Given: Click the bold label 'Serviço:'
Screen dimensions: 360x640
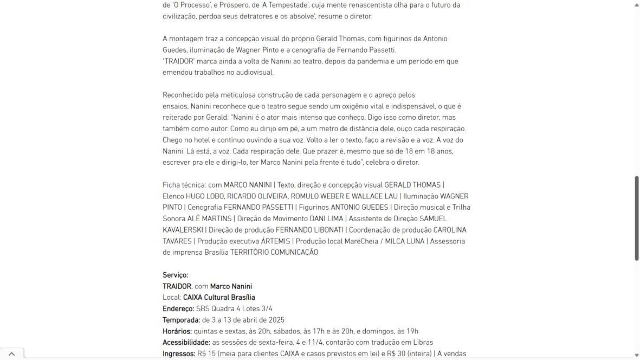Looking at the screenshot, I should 175,275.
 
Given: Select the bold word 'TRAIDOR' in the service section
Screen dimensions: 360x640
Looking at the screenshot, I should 177,286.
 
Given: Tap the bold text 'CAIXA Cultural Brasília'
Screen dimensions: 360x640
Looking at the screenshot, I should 219,298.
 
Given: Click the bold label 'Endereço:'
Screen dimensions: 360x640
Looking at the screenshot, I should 178,309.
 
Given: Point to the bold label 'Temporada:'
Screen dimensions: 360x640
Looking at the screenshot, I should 181,320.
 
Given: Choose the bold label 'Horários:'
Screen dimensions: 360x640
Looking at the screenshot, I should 177,331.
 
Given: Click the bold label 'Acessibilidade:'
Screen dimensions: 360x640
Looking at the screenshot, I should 186,343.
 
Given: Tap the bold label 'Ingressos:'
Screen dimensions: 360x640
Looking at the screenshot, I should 179,354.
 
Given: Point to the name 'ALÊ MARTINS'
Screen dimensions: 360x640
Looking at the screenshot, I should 209,218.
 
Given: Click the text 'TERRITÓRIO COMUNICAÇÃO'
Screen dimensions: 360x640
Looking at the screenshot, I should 274,252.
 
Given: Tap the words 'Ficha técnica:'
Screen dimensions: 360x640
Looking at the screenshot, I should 184,185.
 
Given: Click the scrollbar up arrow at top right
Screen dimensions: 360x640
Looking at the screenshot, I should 636,4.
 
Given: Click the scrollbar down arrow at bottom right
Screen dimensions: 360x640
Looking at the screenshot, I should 636,355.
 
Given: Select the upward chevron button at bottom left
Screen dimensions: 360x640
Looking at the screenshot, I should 11,353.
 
